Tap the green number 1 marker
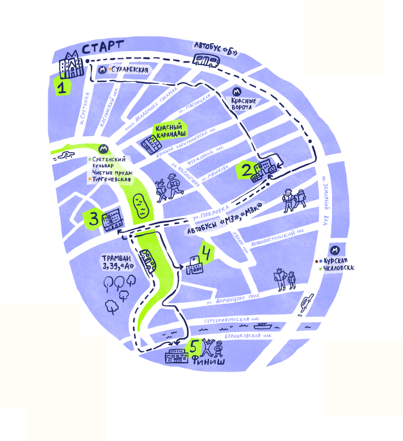click(62, 87)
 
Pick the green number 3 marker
click(93, 219)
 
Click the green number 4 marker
click(205, 253)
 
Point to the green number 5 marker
click(194, 346)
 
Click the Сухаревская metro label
click(131, 70)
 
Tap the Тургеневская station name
click(112, 179)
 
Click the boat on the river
click(262, 326)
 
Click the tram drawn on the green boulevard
click(148, 261)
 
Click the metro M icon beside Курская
click(335, 250)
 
